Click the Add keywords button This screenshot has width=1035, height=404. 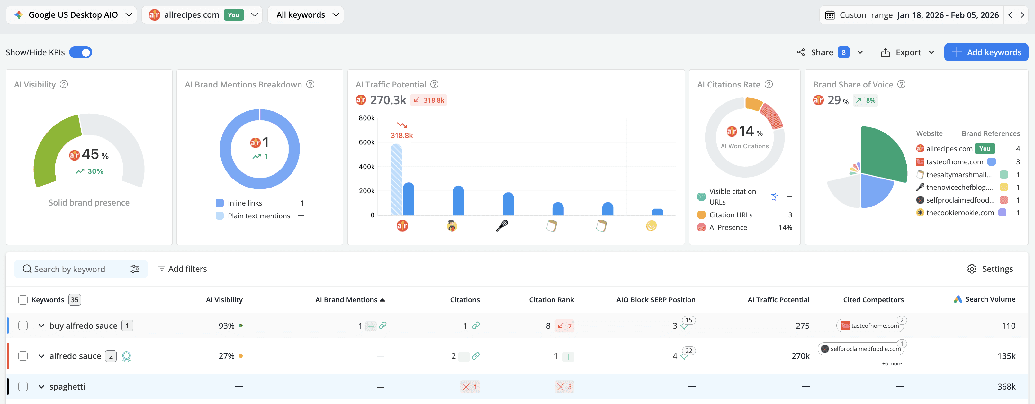[x=986, y=52]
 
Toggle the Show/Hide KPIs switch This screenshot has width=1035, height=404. [x=81, y=52]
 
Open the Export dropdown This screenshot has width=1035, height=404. [x=908, y=52]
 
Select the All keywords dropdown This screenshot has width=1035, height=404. [x=305, y=15]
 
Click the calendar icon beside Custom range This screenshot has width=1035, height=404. [x=830, y=15]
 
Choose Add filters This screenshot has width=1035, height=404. [x=183, y=269]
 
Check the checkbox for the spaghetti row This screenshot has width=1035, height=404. [x=23, y=386]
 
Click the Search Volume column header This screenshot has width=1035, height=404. [x=990, y=299]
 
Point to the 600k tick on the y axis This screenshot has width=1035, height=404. [x=366, y=142]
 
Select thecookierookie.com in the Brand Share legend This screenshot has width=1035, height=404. [x=959, y=213]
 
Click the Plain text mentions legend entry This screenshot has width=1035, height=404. [x=258, y=216]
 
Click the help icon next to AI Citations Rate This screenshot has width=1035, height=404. [x=769, y=84]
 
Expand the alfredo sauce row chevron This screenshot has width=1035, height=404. [x=41, y=356]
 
